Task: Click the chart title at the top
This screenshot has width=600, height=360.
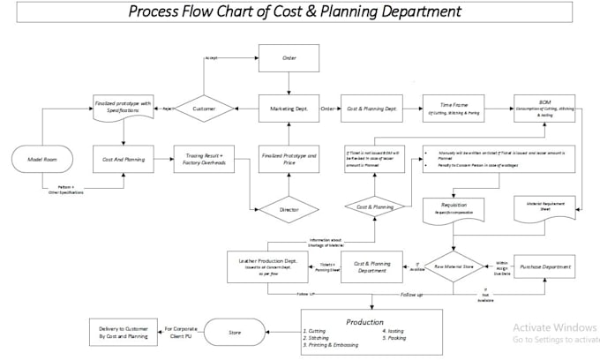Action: [294, 12]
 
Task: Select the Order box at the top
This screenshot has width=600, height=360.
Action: [289, 59]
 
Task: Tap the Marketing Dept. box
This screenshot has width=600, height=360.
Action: [289, 109]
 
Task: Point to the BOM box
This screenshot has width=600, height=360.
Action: [544, 109]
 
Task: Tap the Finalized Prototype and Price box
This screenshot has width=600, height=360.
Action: [289, 159]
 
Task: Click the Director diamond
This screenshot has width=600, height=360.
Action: [289, 210]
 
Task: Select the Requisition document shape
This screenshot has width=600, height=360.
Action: [454, 208]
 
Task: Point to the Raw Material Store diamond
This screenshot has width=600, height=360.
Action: [454, 266]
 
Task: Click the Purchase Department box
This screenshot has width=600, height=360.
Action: [544, 266]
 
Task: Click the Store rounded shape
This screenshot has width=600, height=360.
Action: [235, 334]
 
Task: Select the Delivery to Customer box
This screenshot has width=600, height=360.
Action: [124, 332]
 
